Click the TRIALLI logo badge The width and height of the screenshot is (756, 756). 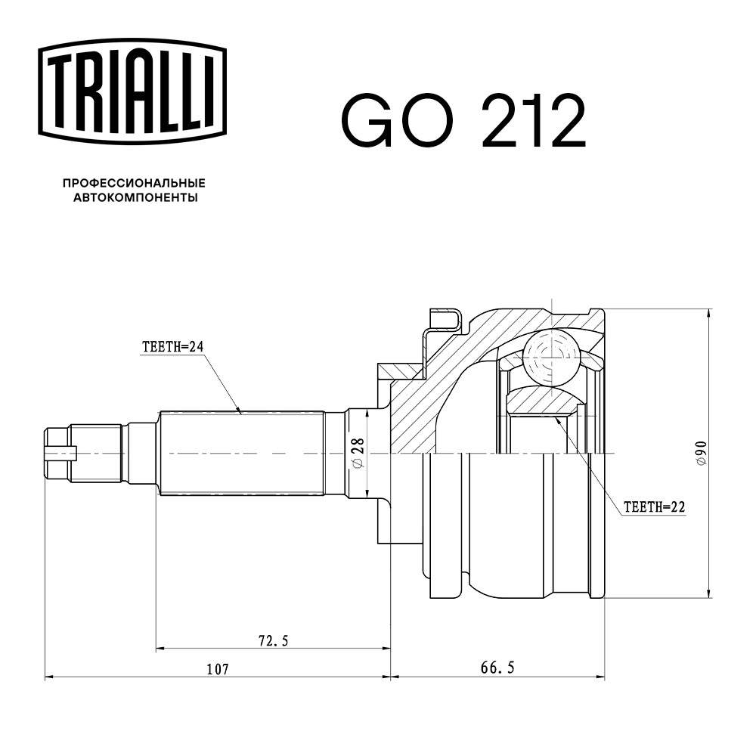point(132,91)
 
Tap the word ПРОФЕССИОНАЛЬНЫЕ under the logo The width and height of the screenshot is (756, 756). point(134,183)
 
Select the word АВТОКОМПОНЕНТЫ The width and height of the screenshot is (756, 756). point(135,197)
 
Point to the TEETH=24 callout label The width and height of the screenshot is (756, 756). point(173,347)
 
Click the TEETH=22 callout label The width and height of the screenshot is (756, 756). point(654,507)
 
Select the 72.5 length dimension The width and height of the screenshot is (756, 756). point(274,641)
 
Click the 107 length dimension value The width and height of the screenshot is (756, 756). point(218,669)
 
